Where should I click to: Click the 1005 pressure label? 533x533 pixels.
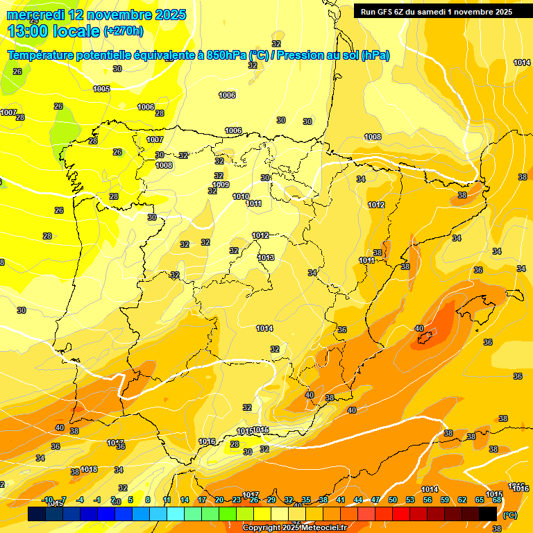tap(101, 89)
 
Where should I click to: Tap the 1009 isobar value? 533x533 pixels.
tap(221, 185)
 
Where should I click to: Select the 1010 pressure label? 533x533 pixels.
tap(241, 196)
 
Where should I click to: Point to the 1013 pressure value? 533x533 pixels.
tap(266, 257)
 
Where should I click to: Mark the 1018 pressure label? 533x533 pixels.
tap(89, 469)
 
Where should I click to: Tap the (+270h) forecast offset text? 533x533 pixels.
tap(124, 31)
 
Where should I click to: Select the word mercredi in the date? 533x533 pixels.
tap(36, 15)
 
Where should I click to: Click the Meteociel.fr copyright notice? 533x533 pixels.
tap(294, 527)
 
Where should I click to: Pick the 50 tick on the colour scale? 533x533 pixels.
tap(393, 500)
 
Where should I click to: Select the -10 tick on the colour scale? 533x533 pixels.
tap(47, 500)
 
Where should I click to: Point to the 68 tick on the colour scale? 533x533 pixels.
tap(497, 500)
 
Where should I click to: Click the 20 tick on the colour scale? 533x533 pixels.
tap(219, 500)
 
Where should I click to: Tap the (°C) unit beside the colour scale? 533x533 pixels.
tap(510, 515)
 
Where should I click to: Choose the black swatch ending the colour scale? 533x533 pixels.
tap(488, 514)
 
